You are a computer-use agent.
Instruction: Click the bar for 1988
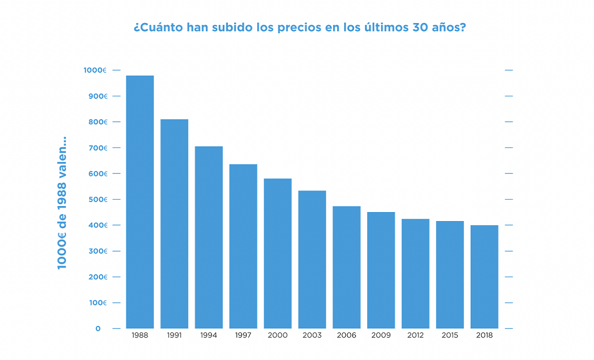pyautogui.click(x=140, y=202)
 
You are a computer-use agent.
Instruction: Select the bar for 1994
pyautogui.click(x=209, y=238)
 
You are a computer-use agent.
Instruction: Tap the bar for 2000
pyautogui.click(x=277, y=254)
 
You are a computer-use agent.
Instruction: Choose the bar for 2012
pyautogui.click(x=415, y=274)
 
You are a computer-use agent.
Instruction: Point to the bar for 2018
pyautogui.click(x=484, y=277)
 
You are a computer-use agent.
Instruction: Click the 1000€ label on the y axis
pyautogui.click(x=95, y=70)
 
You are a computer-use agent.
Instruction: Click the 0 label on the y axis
pyautogui.click(x=98, y=328)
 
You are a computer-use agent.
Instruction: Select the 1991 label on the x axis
pyautogui.click(x=174, y=335)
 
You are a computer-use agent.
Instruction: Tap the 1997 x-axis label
pyautogui.click(x=243, y=335)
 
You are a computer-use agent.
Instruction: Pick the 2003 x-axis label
pyautogui.click(x=312, y=335)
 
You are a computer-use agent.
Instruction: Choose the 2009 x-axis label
pyautogui.click(x=381, y=335)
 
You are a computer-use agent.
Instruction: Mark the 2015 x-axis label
pyautogui.click(x=450, y=335)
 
